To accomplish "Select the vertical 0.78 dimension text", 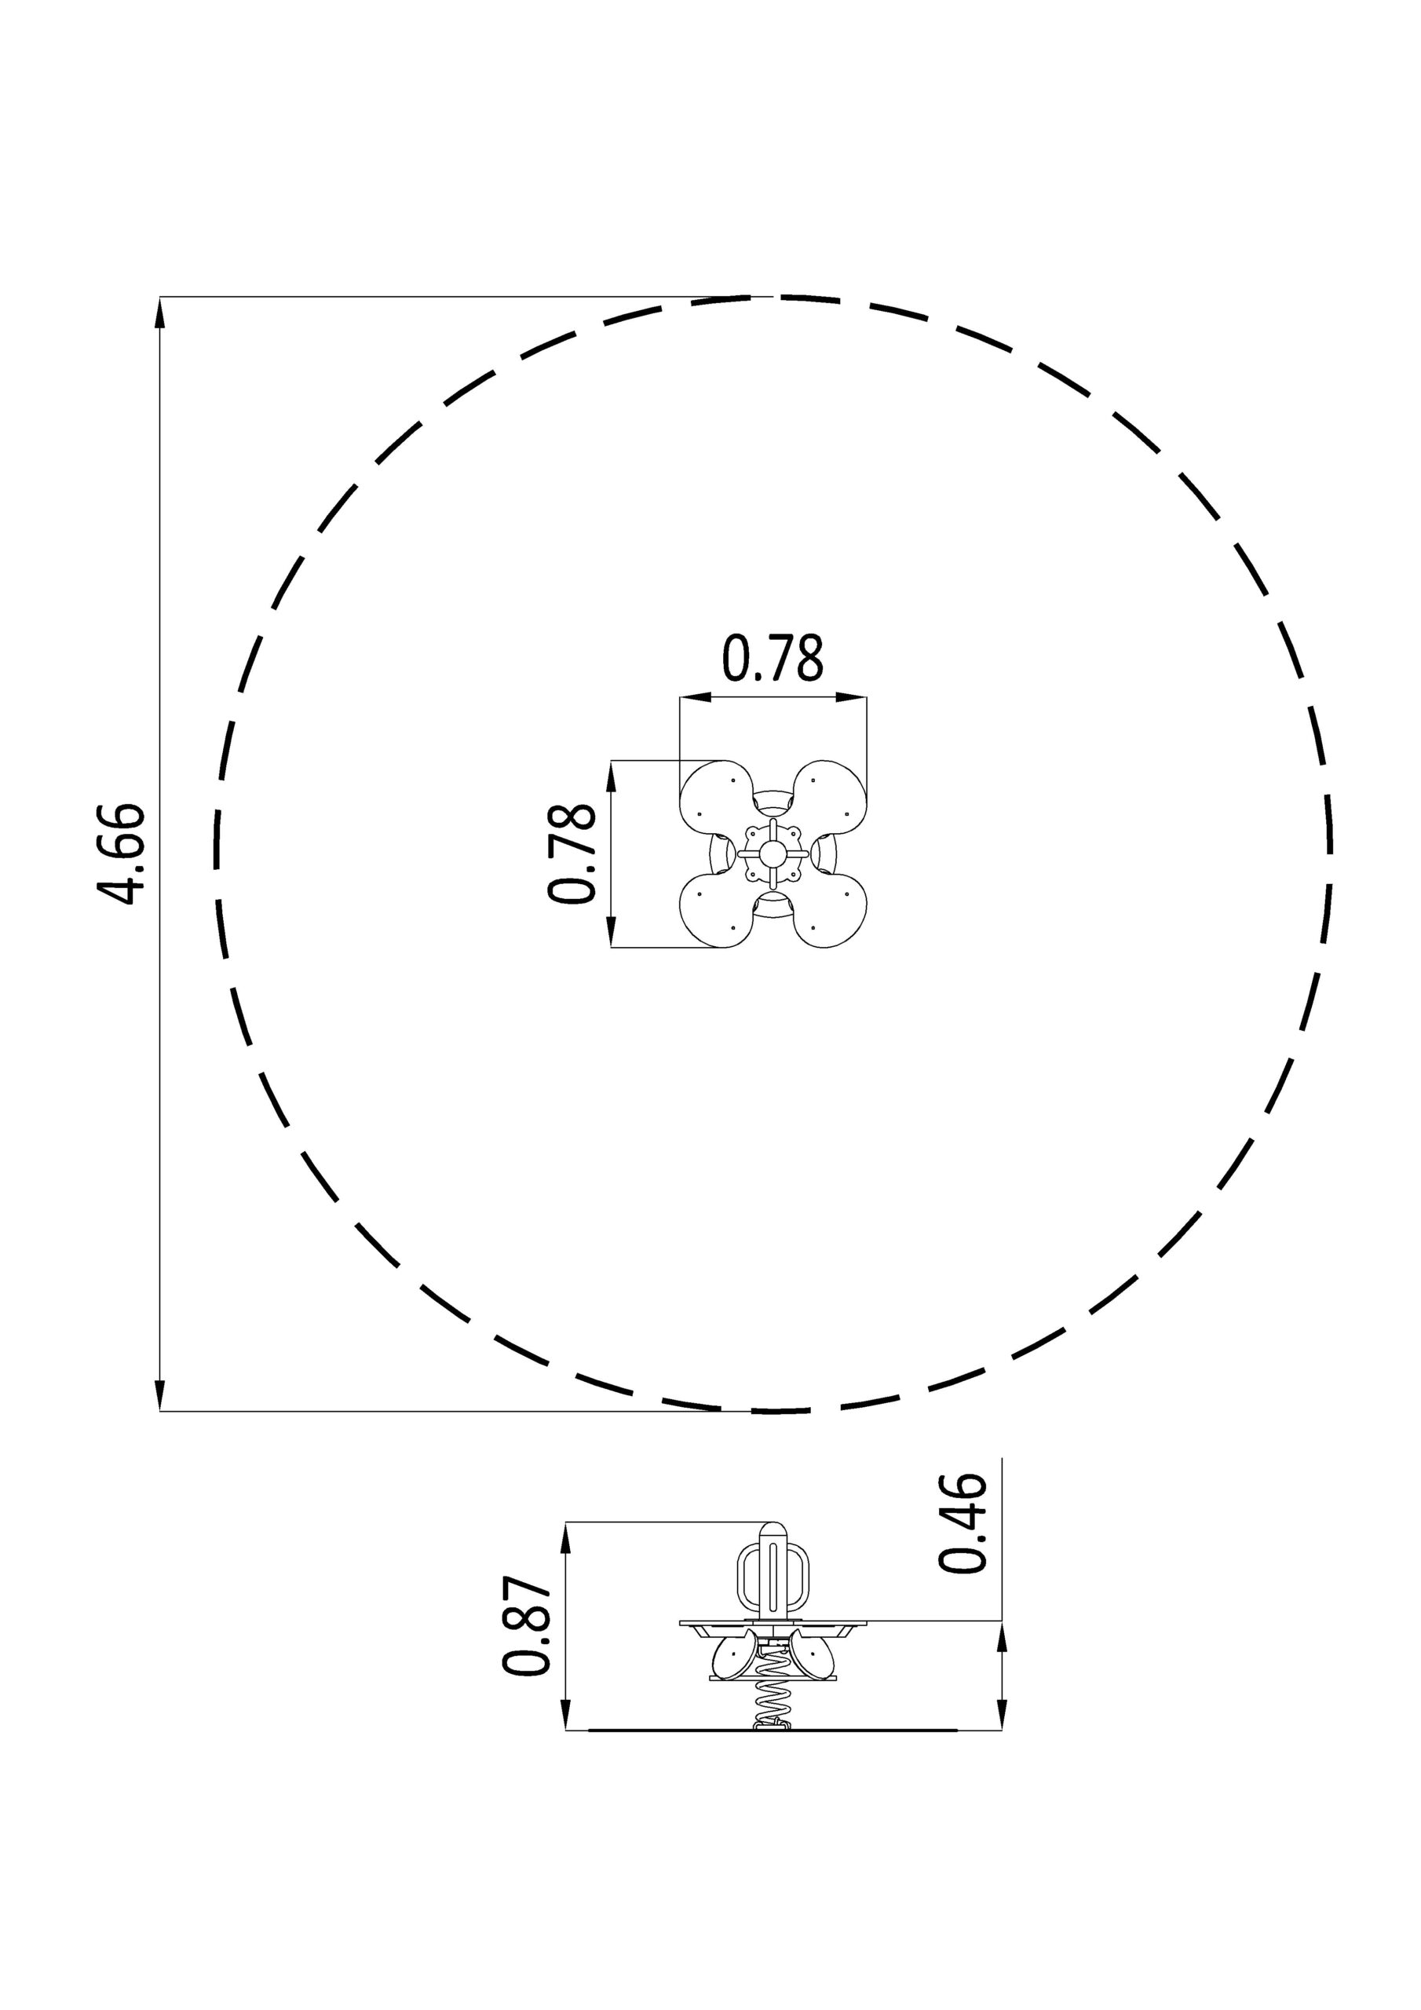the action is pyautogui.click(x=572, y=853).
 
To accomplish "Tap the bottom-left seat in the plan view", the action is pyautogui.click(x=716, y=912).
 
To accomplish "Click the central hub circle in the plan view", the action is pyautogui.click(x=773, y=853).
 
